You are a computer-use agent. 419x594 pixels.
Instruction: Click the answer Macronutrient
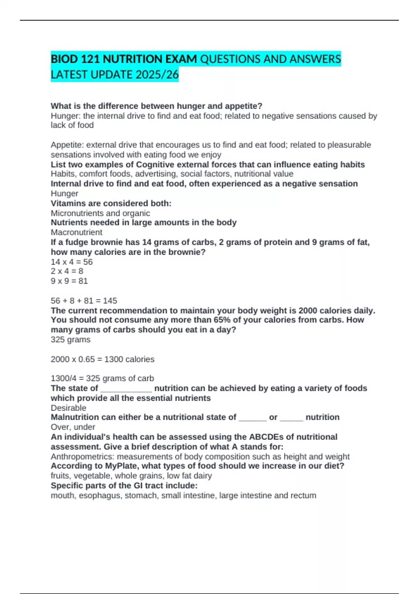(x=76, y=232)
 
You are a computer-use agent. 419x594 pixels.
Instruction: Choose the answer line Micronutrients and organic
(x=100, y=213)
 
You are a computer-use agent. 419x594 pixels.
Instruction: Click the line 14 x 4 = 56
(x=72, y=262)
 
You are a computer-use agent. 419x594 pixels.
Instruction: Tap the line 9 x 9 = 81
(x=69, y=281)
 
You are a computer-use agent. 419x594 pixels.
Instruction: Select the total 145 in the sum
(x=110, y=301)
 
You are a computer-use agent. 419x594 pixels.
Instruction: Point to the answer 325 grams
(x=71, y=340)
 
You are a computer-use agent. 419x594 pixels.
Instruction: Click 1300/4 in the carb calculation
(x=63, y=378)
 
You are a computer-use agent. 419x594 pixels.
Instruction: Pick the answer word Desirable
(x=68, y=408)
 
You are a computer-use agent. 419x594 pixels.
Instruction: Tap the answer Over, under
(x=73, y=427)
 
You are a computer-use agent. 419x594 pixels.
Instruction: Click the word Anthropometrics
(x=82, y=457)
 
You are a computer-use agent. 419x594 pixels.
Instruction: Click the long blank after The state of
(x=126, y=389)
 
